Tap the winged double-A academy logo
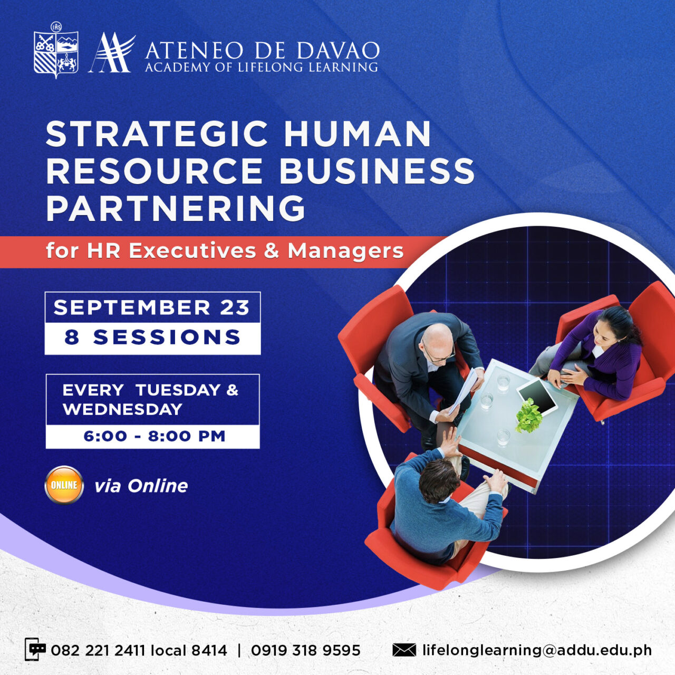[x=111, y=53]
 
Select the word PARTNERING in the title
[x=176, y=209]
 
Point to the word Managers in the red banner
[x=345, y=251]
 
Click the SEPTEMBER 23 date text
[x=152, y=307]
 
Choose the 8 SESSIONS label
[x=152, y=337]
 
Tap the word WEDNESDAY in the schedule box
[x=122, y=409]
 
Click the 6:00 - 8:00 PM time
[x=154, y=436]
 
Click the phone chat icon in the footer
[x=35, y=650]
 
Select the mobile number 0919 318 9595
[x=305, y=650]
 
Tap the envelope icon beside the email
[x=404, y=650]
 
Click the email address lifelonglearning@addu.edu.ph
[x=537, y=650]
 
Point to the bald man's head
[x=437, y=340]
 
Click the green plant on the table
[x=528, y=416]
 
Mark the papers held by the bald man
[x=464, y=393]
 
